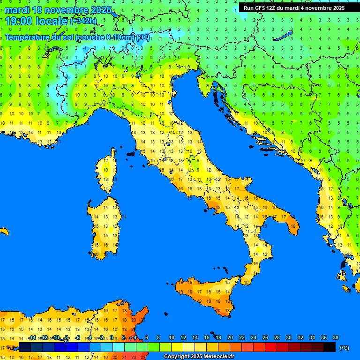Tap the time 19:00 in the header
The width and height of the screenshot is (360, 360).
tap(19, 21)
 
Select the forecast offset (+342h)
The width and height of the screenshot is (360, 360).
tap(83, 22)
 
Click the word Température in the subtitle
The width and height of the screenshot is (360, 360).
tap(27, 37)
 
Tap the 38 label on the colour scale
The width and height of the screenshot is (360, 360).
tap(335, 337)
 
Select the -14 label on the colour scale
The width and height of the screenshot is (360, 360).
tap(32, 337)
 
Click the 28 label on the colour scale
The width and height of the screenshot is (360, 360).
tap(277, 337)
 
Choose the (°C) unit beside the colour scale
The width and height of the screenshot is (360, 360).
tap(345, 348)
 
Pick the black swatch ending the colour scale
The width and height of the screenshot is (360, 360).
tap(330, 347)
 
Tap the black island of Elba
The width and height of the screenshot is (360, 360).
tap(131, 153)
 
